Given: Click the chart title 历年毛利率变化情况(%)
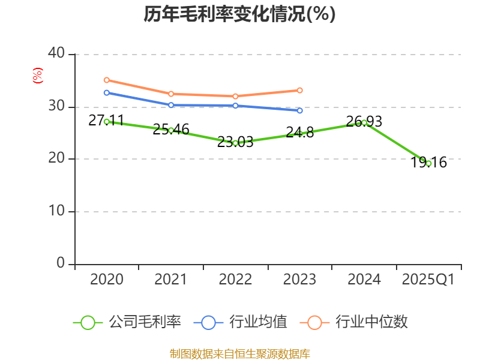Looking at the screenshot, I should click(239, 14).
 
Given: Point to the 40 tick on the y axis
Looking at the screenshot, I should click(57, 54).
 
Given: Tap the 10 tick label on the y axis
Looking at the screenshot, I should click(57, 212).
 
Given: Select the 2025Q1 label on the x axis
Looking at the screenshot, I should click(428, 280).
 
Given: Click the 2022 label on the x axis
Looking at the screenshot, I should click(235, 280).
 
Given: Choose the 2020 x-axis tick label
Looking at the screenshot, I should click(106, 280).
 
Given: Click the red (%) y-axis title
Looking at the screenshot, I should click(38, 76).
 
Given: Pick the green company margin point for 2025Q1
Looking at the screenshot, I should click(428, 163).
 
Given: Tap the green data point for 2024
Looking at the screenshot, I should click(364, 122).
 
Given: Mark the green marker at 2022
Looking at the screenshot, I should click(235, 143).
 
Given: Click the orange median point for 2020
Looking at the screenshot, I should click(106, 80).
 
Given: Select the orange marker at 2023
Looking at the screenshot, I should click(300, 90).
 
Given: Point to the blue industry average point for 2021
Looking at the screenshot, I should click(171, 105).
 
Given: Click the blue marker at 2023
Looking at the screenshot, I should click(300, 110).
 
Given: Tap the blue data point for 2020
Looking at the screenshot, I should click(106, 92).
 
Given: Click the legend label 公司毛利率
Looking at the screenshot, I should click(145, 322).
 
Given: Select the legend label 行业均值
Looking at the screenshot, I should click(259, 322).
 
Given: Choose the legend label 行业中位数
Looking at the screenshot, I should click(372, 322).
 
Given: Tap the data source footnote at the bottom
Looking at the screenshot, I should click(239, 353).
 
